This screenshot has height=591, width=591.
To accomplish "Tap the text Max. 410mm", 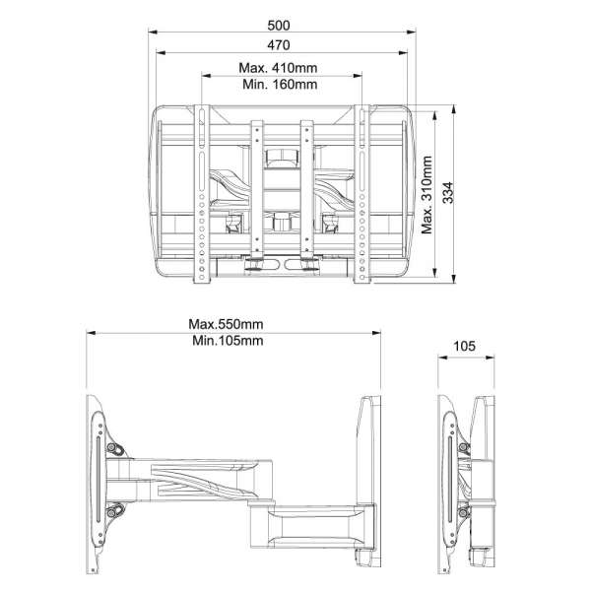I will [280, 69].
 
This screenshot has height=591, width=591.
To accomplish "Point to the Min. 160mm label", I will [280, 85].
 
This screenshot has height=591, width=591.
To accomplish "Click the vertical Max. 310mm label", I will [427, 194].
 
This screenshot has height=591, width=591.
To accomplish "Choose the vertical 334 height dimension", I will [449, 194].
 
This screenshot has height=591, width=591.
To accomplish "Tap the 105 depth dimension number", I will [466, 346].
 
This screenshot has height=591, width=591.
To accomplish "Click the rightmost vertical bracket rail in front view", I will [361, 197].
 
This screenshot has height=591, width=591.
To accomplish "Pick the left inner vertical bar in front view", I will [259, 187].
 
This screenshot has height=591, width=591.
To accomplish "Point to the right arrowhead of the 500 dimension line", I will [407, 31].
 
